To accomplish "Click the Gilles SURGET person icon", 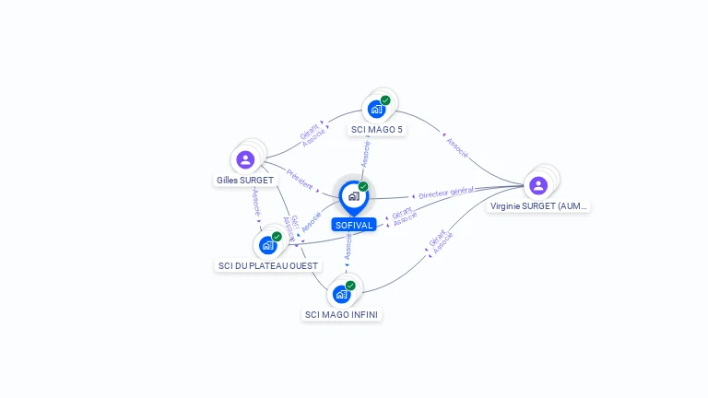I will [245, 159].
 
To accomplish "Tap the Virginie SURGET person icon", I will [538, 185].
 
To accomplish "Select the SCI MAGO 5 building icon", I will [376, 110].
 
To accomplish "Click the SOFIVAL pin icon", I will [353, 196].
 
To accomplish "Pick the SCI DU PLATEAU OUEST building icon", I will [267, 245].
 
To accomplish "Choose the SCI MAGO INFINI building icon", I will [342, 294].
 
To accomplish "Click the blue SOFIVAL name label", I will [354, 225].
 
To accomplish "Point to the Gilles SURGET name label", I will [245, 181].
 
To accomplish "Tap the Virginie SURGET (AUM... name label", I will [538, 206].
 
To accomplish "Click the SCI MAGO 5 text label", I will [377, 130].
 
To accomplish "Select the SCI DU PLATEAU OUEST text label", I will [267, 266].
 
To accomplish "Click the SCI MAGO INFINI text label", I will [342, 315].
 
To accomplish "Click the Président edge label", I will [300, 179].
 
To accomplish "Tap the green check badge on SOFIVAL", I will [363, 187].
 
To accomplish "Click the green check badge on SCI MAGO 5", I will [385, 100].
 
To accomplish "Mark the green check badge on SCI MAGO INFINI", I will [350, 286].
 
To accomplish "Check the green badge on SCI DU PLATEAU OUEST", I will [277, 237].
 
